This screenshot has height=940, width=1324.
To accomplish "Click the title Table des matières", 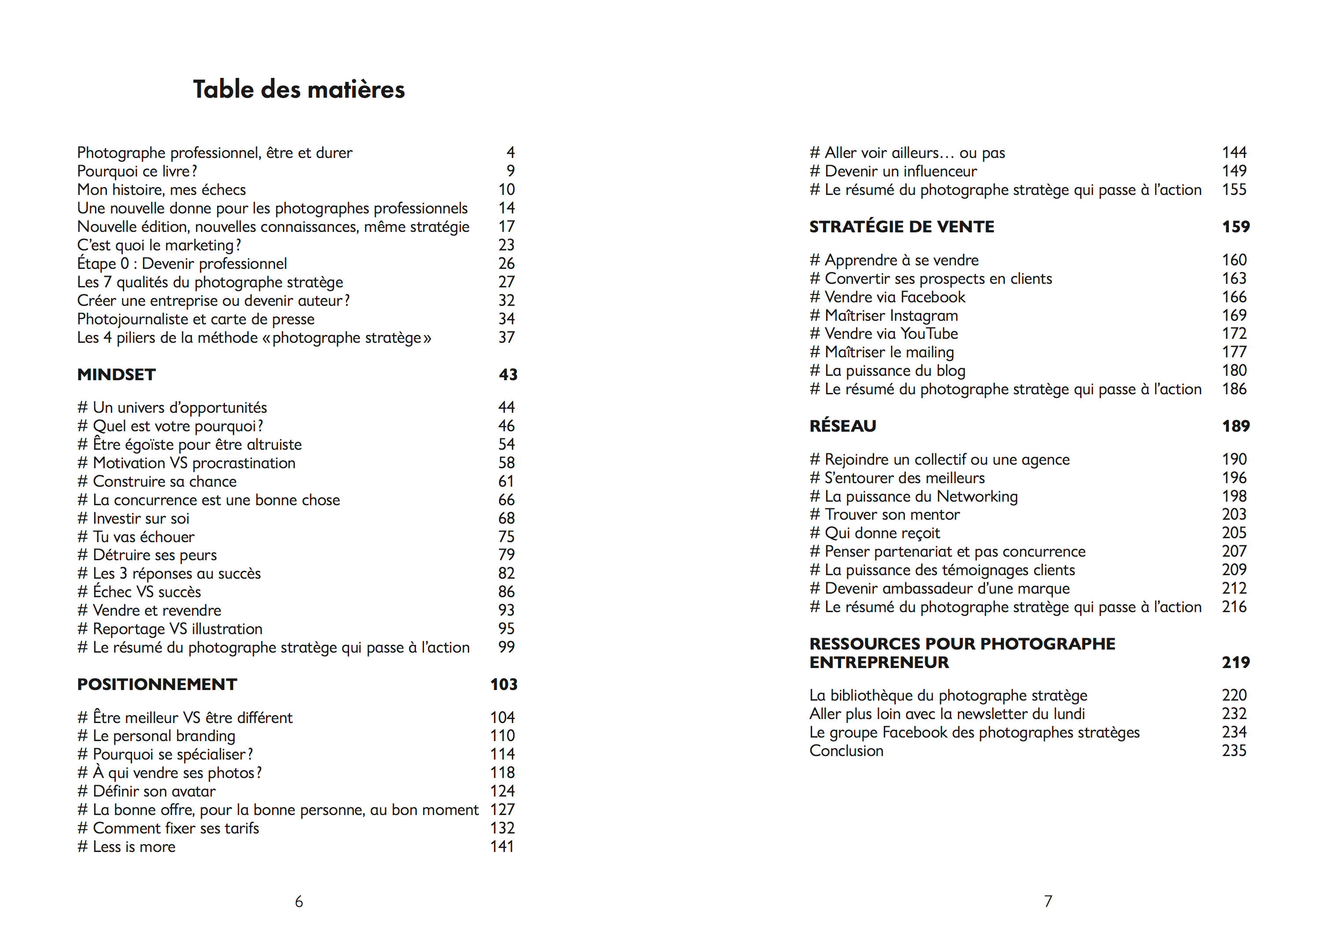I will [299, 90].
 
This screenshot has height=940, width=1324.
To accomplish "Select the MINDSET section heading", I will [116, 375].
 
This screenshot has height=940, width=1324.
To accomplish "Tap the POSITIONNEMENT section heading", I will [157, 684].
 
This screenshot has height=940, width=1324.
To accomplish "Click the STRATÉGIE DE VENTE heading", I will [901, 227].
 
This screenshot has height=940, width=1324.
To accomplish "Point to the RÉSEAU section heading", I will [842, 426].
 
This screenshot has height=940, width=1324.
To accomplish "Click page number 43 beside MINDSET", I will [508, 375].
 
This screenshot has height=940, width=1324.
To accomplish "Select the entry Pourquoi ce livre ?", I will [137, 171].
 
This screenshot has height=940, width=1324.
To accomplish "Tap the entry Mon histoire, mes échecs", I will [162, 190].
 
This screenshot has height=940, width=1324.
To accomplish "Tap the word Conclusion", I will [846, 751].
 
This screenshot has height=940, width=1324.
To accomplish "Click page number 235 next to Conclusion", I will [1234, 751].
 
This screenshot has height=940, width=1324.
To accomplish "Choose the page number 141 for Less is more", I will [502, 847].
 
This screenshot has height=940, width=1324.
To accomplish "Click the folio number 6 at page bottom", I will [299, 901].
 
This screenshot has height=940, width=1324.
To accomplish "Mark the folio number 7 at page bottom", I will [1048, 901].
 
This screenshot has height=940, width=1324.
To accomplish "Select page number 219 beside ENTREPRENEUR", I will [1236, 662].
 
